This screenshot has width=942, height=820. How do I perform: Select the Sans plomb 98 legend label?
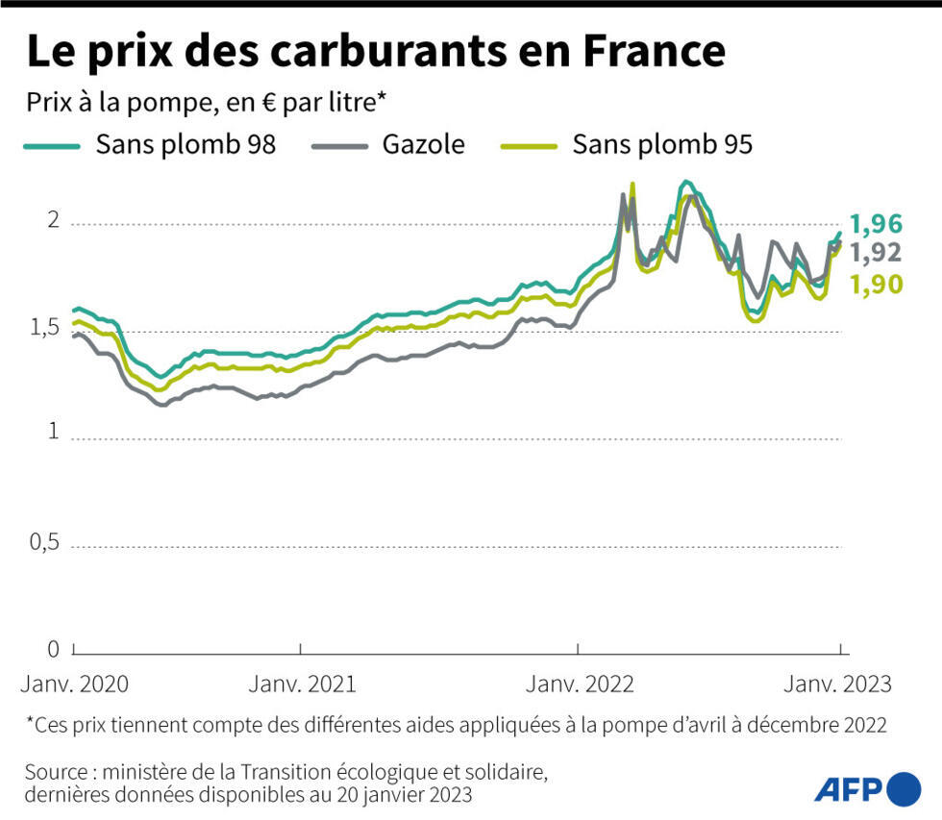[x=186, y=144]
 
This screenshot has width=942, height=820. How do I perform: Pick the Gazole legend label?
[x=423, y=144]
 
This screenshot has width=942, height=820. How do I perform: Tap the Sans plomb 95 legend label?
[x=662, y=144]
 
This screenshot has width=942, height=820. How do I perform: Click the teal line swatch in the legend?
[x=52, y=145]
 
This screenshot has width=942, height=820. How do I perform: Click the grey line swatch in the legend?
[x=340, y=145]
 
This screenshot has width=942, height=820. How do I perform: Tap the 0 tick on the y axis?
[x=54, y=649]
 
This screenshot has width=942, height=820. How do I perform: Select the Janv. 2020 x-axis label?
[x=73, y=684]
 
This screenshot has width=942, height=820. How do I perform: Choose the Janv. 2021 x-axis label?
[x=302, y=684]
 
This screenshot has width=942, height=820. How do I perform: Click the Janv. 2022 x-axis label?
[x=580, y=684]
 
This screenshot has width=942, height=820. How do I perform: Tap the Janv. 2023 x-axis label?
[x=839, y=684]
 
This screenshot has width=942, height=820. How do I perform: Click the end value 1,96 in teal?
[x=877, y=225]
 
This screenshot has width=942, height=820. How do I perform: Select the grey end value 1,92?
[x=877, y=253]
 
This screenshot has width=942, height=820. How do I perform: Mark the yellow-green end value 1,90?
[x=877, y=284]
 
